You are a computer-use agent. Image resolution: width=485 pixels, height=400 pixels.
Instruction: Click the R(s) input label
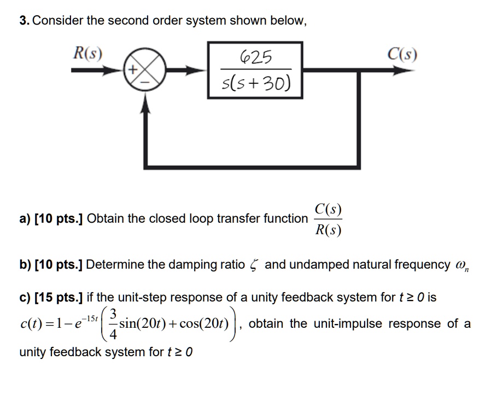coord(87,54)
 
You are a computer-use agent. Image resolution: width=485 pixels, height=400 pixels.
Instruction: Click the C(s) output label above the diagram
coord(402,54)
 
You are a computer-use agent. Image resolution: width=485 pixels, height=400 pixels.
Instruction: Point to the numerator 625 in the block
coord(255,57)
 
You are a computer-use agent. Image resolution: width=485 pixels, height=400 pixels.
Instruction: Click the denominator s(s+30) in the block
coord(255,84)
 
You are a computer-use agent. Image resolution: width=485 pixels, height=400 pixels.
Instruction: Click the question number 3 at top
coord(23,21)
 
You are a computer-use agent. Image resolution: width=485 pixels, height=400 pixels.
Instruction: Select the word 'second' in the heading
coord(125,21)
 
